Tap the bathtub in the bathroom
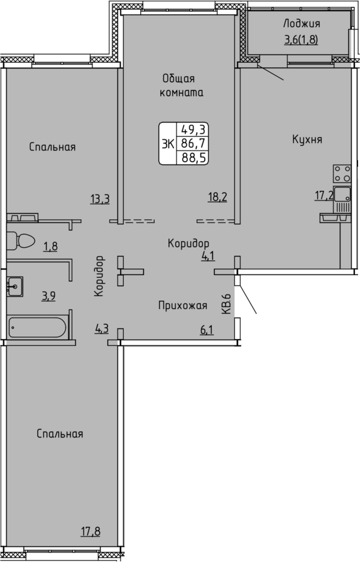(x=37, y=327)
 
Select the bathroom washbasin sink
(x=14, y=286)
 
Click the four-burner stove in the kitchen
(x=342, y=174)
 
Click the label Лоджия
(x=302, y=24)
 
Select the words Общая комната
(x=182, y=85)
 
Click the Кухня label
(x=307, y=139)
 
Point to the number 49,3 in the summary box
(x=194, y=129)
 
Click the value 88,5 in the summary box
(x=194, y=158)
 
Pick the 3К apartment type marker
(x=168, y=144)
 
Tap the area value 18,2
(x=217, y=197)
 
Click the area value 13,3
(x=100, y=198)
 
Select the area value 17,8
(x=90, y=531)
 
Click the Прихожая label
(x=183, y=305)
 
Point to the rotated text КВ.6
(x=226, y=303)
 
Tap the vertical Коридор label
(x=99, y=276)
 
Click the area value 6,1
(x=207, y=330)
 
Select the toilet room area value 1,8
(x=50, y=246)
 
